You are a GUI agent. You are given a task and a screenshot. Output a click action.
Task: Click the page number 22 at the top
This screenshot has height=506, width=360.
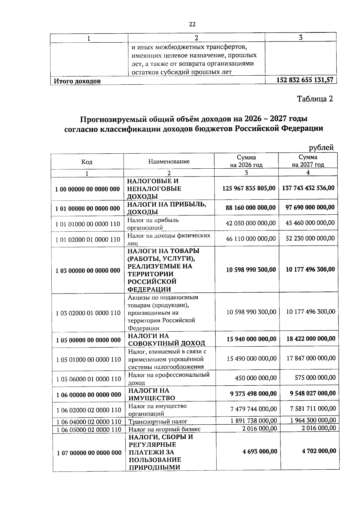pos(192,24)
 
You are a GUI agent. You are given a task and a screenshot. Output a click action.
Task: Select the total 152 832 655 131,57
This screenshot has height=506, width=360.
pos(304,80)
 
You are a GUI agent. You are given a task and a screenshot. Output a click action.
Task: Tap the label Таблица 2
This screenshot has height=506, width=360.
pos(315,99)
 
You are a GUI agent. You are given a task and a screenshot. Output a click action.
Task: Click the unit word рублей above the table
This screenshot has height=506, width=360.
pos(321,147)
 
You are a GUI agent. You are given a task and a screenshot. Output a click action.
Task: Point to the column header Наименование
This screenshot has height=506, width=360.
pos(169,161)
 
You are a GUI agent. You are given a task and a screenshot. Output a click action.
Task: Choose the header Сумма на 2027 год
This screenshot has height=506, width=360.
pos(308,161)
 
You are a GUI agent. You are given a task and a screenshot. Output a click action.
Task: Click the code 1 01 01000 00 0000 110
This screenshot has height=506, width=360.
pos(88,224)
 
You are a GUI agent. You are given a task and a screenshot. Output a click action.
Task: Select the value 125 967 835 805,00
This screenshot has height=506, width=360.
pos(249,188)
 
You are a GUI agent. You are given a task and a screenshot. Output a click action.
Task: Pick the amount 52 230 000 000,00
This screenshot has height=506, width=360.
pos(310,238)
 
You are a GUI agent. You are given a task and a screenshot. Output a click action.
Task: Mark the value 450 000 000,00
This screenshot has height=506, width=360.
pos(256,378)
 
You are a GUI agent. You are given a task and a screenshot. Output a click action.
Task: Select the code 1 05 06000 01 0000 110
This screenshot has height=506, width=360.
pos(88,379)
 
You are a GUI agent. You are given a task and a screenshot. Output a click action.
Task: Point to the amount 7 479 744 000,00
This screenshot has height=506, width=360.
pos(253,409)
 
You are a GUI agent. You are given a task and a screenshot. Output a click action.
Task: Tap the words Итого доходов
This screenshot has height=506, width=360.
pos(77,81)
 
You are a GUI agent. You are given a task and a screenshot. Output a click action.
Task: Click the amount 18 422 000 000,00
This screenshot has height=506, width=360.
pos(311,339)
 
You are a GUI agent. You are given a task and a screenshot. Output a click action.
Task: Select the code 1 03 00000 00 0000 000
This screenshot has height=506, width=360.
pos(88,270)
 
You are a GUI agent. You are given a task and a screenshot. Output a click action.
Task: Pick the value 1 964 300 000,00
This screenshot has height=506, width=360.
pos(313,420)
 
